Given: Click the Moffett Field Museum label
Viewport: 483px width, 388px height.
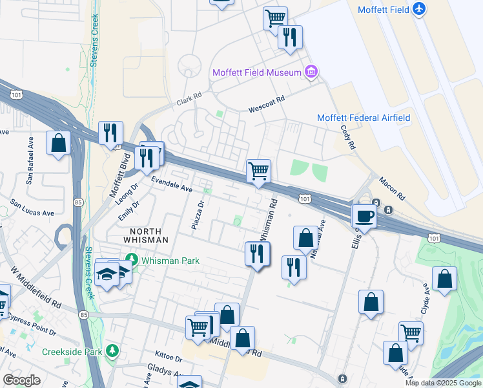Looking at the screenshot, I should coord(257,71).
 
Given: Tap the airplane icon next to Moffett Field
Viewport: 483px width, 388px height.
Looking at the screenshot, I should coord(419,9).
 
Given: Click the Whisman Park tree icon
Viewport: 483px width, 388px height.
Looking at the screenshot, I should coord(131,261).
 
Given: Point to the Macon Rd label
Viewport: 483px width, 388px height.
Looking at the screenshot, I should coord(391,188).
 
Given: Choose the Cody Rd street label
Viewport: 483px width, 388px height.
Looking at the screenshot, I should coord(348,137).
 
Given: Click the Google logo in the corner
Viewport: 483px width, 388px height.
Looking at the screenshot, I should coord(22,380).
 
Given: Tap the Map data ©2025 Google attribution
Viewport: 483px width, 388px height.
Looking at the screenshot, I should coord(443,383).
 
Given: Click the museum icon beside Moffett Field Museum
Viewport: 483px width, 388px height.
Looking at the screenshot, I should coord(311,71).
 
